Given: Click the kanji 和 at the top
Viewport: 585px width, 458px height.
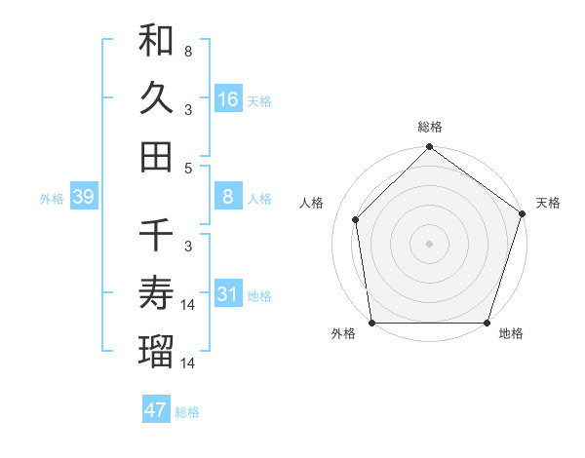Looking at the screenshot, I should [157, 40].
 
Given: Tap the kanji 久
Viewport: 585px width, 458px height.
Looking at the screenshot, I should [157, 98].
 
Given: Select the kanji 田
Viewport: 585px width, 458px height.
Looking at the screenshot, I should [157, 156].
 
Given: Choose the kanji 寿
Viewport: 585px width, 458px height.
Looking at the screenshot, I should [157, 292].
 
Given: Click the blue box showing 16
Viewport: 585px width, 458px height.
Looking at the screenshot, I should [227, 99].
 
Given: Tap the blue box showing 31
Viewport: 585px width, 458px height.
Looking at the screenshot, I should [227, 294].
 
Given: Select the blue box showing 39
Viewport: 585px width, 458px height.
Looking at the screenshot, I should [83, 198].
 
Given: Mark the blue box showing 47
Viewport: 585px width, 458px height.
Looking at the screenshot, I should [156, 409].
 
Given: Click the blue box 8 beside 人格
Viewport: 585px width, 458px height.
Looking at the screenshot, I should [227, 198].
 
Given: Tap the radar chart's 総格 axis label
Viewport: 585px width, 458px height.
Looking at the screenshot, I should [430, 128].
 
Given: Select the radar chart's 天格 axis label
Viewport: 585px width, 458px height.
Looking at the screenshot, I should [548, 203].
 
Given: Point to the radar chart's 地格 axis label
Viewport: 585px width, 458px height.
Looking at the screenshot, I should [511, 334].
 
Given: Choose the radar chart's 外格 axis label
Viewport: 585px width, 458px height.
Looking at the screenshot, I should [343, 334].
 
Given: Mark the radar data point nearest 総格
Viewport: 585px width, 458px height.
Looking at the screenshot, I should [429, 148].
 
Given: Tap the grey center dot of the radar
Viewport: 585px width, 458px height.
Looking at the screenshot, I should [429, 243].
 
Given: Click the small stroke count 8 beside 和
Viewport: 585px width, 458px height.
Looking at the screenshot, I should [187, 51].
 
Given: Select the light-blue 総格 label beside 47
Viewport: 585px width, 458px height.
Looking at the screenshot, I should [187, 411].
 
